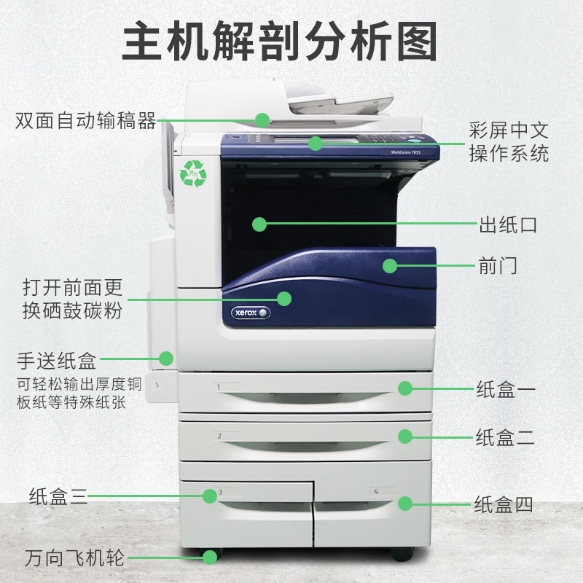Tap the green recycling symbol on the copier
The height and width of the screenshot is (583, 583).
[193, 173]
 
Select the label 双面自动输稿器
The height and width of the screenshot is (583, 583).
[86, 120]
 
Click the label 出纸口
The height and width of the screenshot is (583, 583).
[508, 224]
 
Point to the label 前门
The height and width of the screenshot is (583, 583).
[498, 265]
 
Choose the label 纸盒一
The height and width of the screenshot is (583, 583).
[506, 389]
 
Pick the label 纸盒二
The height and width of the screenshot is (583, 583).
[506, 437]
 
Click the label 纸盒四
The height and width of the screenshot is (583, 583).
[504, 504]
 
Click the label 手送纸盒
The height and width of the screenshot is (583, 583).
[57, 360]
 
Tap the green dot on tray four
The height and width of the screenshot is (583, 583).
[405, 503]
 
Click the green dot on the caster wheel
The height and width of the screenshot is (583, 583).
[210, 557]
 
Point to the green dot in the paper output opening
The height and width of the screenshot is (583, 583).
[259, 224]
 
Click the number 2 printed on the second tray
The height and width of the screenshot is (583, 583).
[219, 436]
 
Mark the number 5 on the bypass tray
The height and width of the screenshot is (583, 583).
[157, 381]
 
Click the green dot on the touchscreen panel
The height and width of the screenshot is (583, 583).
[315, 143]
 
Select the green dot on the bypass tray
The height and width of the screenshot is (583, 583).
[167, 358]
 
